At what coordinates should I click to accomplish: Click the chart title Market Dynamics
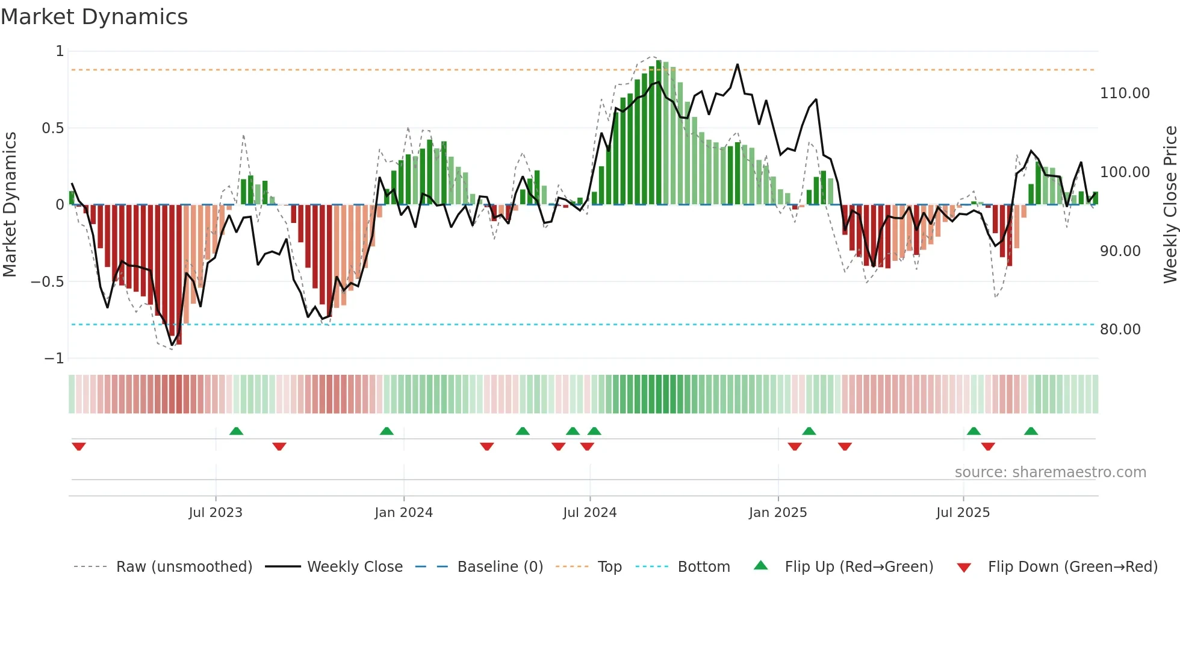95,17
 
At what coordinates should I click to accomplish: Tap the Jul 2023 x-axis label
216,513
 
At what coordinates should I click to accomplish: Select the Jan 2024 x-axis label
403,513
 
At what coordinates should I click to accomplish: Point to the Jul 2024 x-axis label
589,513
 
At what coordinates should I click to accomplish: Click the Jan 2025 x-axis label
778,513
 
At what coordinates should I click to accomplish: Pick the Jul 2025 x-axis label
963,513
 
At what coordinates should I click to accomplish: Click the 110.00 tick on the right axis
1125,93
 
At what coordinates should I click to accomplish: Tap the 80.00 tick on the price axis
1120,330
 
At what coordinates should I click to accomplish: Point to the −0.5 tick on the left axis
47,282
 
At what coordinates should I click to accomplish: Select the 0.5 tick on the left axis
52,128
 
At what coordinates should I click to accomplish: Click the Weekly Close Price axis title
1170,204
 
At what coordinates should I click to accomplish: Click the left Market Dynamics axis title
10,204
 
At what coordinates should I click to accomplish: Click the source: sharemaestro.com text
1050,472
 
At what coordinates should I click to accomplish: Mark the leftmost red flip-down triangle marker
79,446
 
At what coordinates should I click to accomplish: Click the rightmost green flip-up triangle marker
1031,431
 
